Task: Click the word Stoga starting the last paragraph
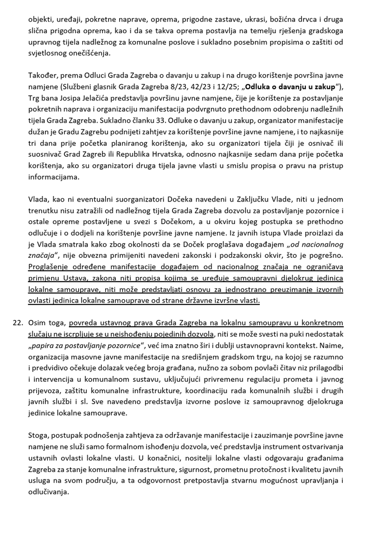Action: [x=38, y=435]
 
